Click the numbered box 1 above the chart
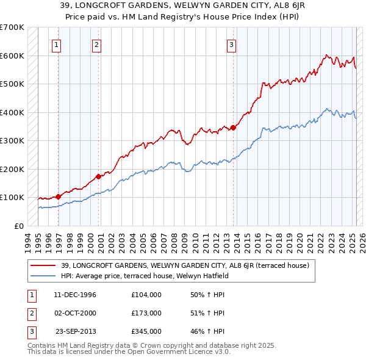coord(56,43)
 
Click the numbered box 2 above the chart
coord(96,43)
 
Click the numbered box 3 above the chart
coord(231,43)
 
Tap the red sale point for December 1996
coord(59,196)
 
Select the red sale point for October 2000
coord(98,177)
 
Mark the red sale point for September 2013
coord(233,128)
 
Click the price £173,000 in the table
coord(146,313)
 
